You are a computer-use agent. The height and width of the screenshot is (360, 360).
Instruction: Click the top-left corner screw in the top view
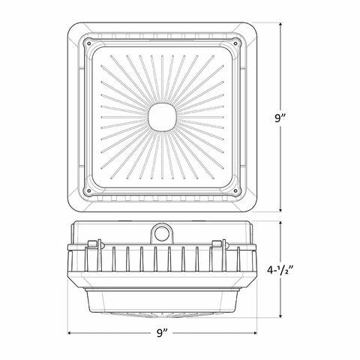[x=89, y=43]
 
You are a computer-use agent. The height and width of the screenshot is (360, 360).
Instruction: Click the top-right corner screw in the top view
[x=235, y=43]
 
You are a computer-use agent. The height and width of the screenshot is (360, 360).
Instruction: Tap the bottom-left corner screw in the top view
[x=89, y=191]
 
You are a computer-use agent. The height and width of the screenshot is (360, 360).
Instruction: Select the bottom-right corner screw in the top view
[x=235, y=191]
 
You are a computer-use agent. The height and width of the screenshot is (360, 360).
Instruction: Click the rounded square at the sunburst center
[x=162, y=117]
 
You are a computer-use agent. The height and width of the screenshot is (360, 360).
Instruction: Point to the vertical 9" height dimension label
[x=280, y=118]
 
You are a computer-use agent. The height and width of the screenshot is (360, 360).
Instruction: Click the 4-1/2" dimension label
[x=280, y=270]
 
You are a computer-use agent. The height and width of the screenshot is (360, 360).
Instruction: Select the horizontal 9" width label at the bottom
[x=162, y=333]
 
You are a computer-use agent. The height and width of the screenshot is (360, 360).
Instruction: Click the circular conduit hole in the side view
[x=161, y=234]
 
